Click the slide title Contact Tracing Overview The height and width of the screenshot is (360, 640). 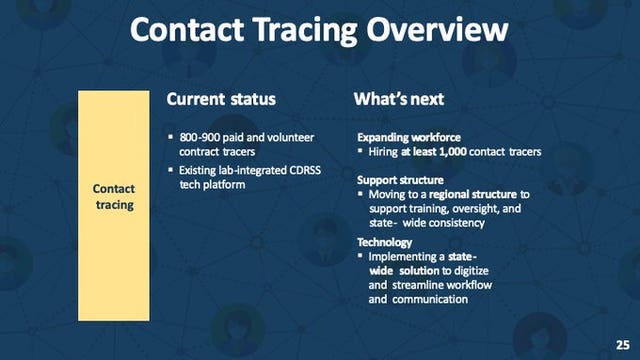click(x=320, y=32)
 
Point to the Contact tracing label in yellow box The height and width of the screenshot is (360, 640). click(x=113, y=196)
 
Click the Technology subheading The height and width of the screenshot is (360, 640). click(x=387, y=243)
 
